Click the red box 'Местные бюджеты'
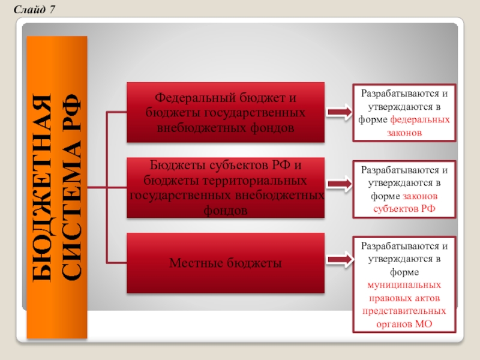coord(225,263)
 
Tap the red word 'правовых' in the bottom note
coord(386,298)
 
